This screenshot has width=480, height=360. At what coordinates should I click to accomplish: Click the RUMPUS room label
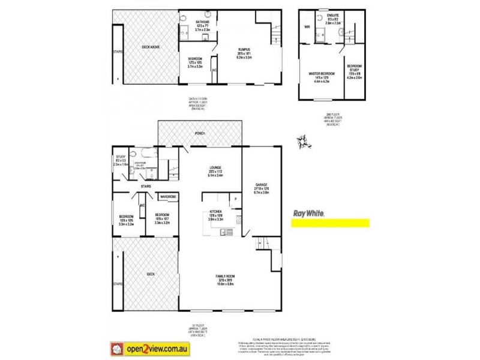coord(243,50)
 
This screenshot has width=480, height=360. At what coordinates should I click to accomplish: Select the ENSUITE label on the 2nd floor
coord(333,14)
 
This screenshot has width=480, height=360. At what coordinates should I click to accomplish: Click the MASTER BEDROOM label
coord(322,73)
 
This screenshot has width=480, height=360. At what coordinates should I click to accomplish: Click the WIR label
coord(307,27)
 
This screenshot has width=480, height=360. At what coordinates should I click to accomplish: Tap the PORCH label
coord(200,133)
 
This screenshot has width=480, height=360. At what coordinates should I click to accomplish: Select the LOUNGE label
coord(215,167)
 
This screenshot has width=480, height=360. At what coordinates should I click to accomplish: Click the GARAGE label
coord(260,185)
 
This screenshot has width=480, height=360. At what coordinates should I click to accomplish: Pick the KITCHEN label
coord(216,212)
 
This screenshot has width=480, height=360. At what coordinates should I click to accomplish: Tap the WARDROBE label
coord(167,196)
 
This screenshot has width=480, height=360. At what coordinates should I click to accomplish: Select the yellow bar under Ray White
coord(329,223)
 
